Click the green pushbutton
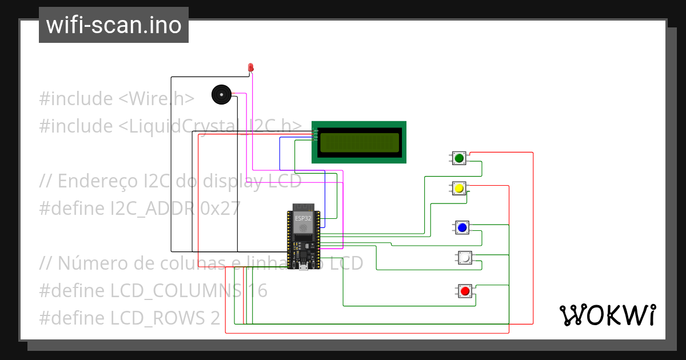pos(458,158)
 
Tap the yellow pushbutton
pos(458,188)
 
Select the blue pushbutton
pos(462,228)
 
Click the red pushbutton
pos(465,291)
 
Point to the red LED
pos(250,67)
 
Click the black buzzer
pos(221,94)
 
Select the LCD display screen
pos(359,142)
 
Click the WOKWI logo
pos(607,315)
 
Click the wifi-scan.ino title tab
pos(114,25)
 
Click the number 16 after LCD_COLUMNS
pos(257,291)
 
